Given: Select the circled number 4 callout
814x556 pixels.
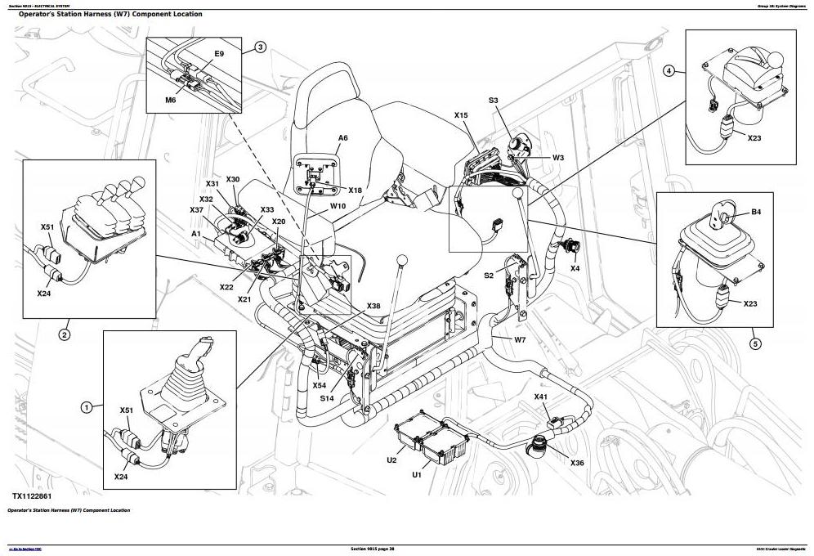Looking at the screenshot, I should click(x=669, y=71).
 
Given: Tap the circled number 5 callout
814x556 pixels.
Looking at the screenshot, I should click(x=755, y=343).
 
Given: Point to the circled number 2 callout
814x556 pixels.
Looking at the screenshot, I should click(x=65, y=334).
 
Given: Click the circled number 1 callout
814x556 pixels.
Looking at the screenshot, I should click(x=86, y=406).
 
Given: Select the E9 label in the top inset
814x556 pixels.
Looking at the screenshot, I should click(x=218, y=54).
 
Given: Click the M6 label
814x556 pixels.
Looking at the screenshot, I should click(x=171, y=100).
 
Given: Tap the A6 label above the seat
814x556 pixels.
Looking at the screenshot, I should click(x=343, y=138).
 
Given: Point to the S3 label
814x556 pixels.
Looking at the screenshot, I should click(x=494, y=101).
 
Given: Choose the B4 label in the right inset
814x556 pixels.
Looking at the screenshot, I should click(x=756, y=213).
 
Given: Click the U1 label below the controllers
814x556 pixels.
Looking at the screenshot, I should click(x=416, y=474).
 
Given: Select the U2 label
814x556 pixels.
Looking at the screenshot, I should click(x=391, y=460).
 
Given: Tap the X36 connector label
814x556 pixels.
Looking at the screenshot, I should click(x=577, y=463).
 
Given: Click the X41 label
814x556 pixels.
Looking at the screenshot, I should click(x=541, y=397).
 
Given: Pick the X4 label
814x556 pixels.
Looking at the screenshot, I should click(x=575, y=267).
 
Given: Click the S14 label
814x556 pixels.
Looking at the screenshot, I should click(x=327, y=398).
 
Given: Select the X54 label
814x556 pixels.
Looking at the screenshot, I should click(x=319, y=385).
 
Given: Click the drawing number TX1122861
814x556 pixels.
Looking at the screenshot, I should click(x=37, y=496).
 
